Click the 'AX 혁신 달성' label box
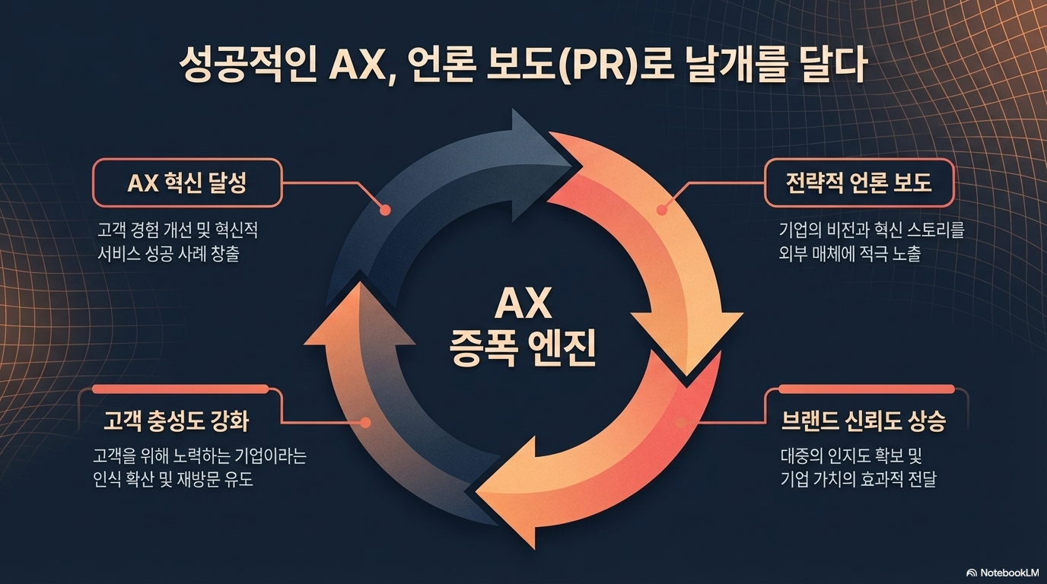pyautogui.click(x=186, y=183)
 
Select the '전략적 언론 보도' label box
pyautogui.click(x=858, y=183)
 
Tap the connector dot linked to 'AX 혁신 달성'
pyautogui.click(x=384, y=209)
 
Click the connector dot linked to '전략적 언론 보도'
pyautogui.click(x=661, y=209)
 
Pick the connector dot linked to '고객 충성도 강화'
pyautogui.click(x=366, y=422)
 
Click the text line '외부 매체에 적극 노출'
pyautogui.click(x=849, y=253)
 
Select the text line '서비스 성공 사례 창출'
pyautogui.click(x=168, y=253)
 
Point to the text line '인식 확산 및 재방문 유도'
pyautogui.click(x=173, y=480)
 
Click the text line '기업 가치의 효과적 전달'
pyautogui.click(x=858, y=480)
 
